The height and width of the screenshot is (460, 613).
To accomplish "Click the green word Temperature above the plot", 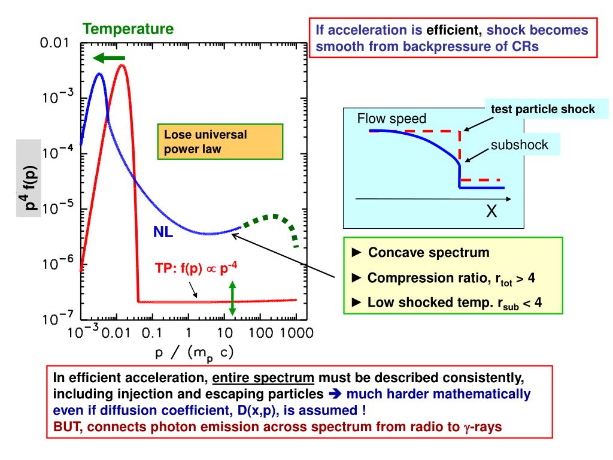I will [x=128, y=28].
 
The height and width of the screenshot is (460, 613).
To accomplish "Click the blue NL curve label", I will [x=163, y=232].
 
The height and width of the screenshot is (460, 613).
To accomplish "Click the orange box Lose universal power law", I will [x=220, y=141].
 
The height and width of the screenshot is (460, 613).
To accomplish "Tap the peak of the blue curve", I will [x=99, y=74].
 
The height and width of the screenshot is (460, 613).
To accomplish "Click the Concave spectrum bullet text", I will [x=429, y=253].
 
